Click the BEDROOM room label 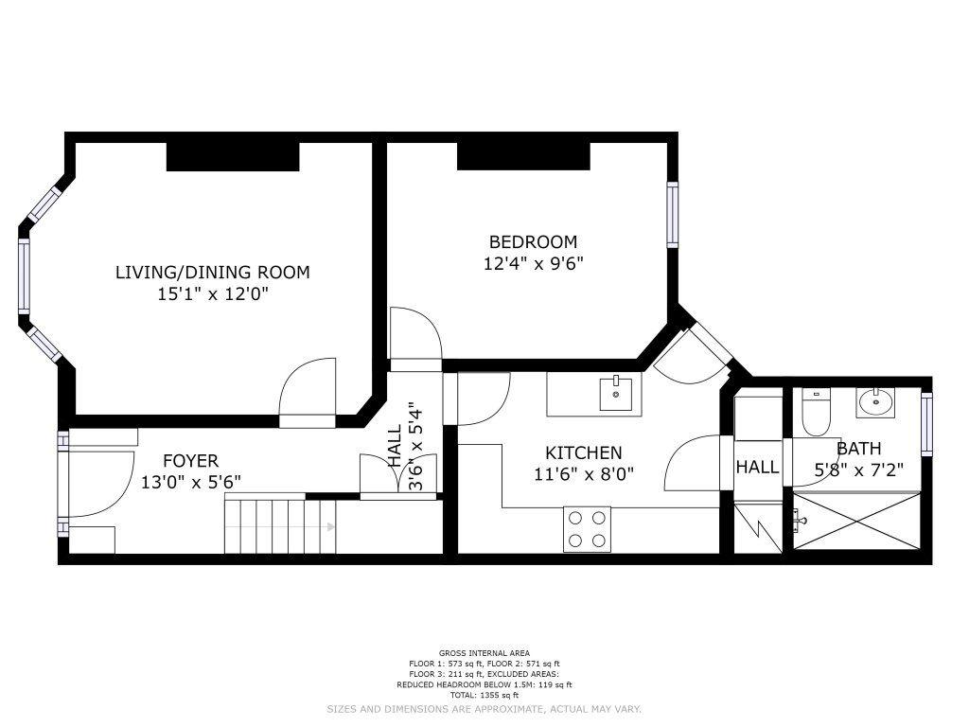[x=533, y=241]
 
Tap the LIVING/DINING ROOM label [x=213, y=272]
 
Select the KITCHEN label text [x=583, y=453]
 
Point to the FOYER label [x=190, y=461]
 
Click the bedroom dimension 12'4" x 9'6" [x=534, y=264]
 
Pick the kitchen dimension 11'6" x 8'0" [x=584, y=474]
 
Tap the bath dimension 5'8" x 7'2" [x=858, y=470]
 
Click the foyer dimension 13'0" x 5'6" [x=191, y=482]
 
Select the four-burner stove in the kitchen [x=587, y=529]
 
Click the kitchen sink [x=616, y=394]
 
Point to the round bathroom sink [x=875, y=402]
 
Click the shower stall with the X [x=855, y=521]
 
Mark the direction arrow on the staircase [x=330, y=527]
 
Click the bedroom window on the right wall [x=673, y=215]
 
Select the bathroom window [x=926, y=424]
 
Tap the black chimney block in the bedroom [x=523, y=156]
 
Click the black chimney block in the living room [x=233, y=156]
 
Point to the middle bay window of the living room [x=24, y=275]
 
